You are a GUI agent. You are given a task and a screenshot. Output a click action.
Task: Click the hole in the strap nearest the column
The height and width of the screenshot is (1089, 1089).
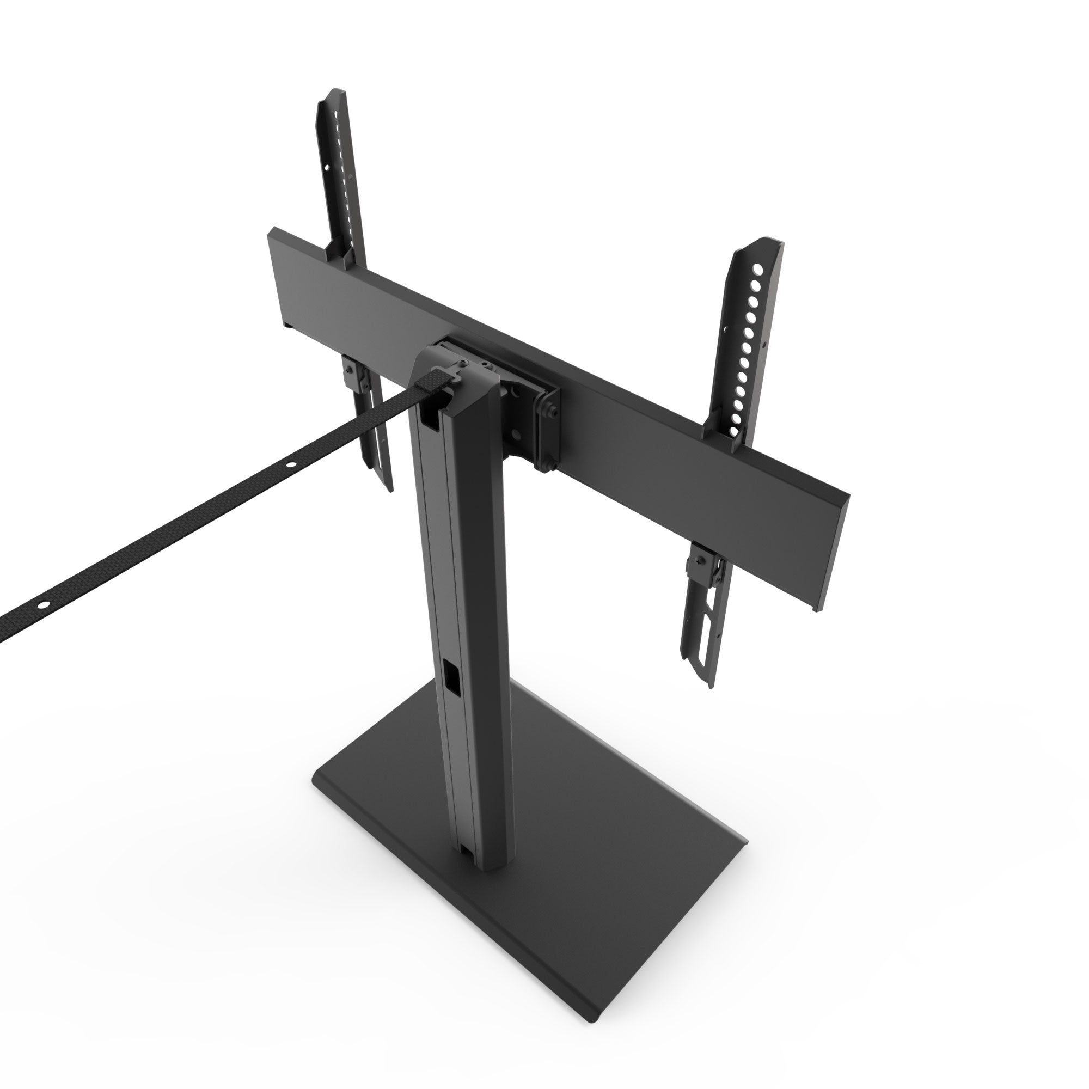pyautogui.click(x=291, y=480)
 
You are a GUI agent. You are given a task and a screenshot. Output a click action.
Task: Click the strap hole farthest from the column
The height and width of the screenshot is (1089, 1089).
pyautogui.click(x=42, y=604)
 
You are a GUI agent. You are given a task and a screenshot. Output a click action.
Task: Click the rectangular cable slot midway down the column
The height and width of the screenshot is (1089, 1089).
pyautogui.click(x=452, y=676)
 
